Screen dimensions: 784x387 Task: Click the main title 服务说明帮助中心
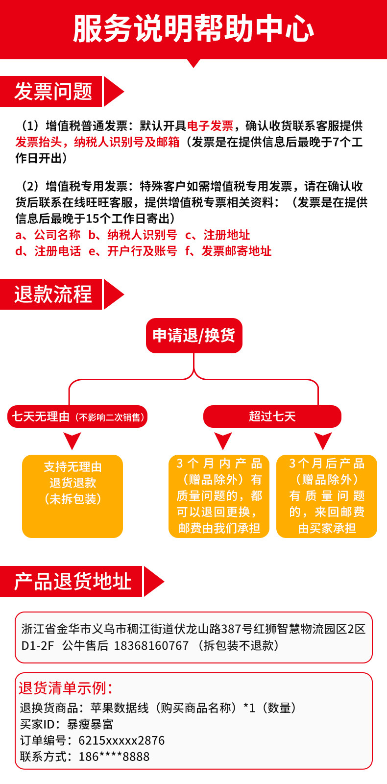[193, 28]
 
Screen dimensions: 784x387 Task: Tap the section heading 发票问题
[53, 92]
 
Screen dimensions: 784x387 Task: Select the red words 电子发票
[210, 126]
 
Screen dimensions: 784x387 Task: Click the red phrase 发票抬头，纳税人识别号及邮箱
[97, 142]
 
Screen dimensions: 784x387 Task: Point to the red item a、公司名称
[48, 235]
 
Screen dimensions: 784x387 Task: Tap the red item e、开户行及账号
[133, 251]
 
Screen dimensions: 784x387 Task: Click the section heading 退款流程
[53, 294]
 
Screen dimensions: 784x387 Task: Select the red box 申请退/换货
[194, 336]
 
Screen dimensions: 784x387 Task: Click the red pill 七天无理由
[77, 416]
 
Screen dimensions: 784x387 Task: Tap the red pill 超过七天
[272, 416]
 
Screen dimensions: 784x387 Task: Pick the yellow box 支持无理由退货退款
[73, 496]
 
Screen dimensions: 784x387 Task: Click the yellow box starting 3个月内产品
[219, 496]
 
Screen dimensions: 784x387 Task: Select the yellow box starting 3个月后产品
[327, 496]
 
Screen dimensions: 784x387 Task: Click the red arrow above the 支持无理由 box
[73, 440]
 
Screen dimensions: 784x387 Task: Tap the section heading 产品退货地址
[73, 582]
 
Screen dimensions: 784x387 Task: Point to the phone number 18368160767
[151, 645]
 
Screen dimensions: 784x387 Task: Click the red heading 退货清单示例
[66, 688]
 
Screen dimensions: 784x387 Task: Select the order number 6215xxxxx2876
[121, 740]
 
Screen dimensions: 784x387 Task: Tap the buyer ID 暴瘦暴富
[90, 724]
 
